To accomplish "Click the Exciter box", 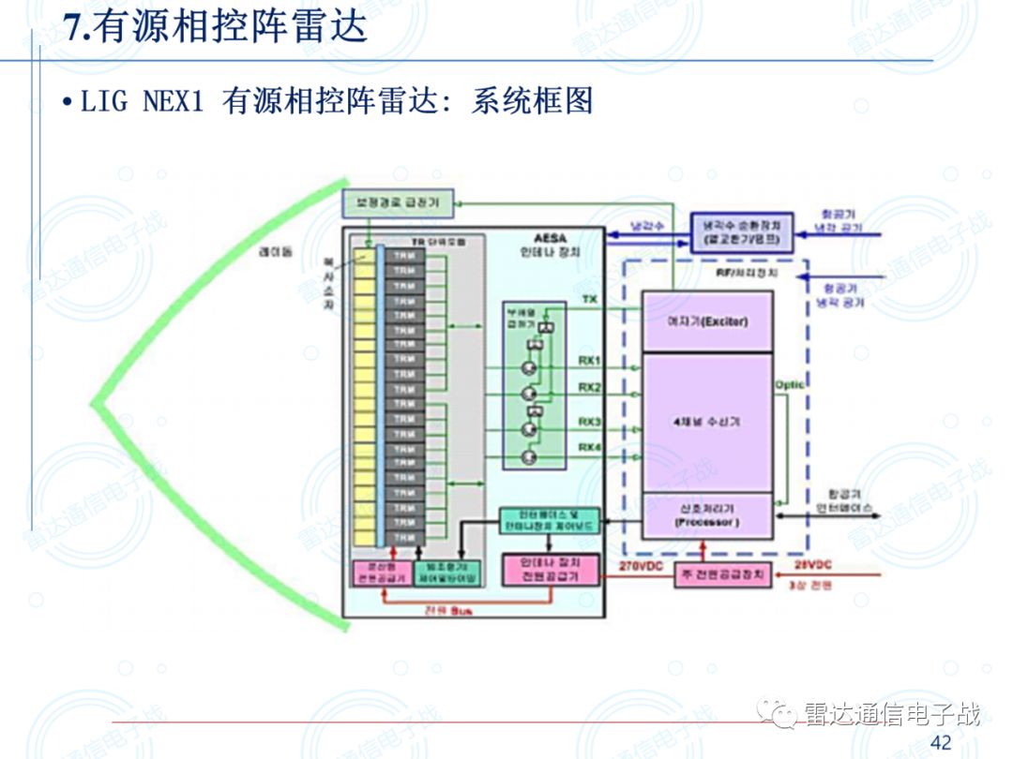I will [707, 321].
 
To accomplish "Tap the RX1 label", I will [590, 361].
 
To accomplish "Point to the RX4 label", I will [590, 447].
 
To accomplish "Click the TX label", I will [590, 299].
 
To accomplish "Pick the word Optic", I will [789, 385].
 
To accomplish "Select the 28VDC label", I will [813, 565].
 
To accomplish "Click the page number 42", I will [941, 743].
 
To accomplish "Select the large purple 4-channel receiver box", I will [707, 422].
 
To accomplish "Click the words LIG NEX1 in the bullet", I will [142, 101].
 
